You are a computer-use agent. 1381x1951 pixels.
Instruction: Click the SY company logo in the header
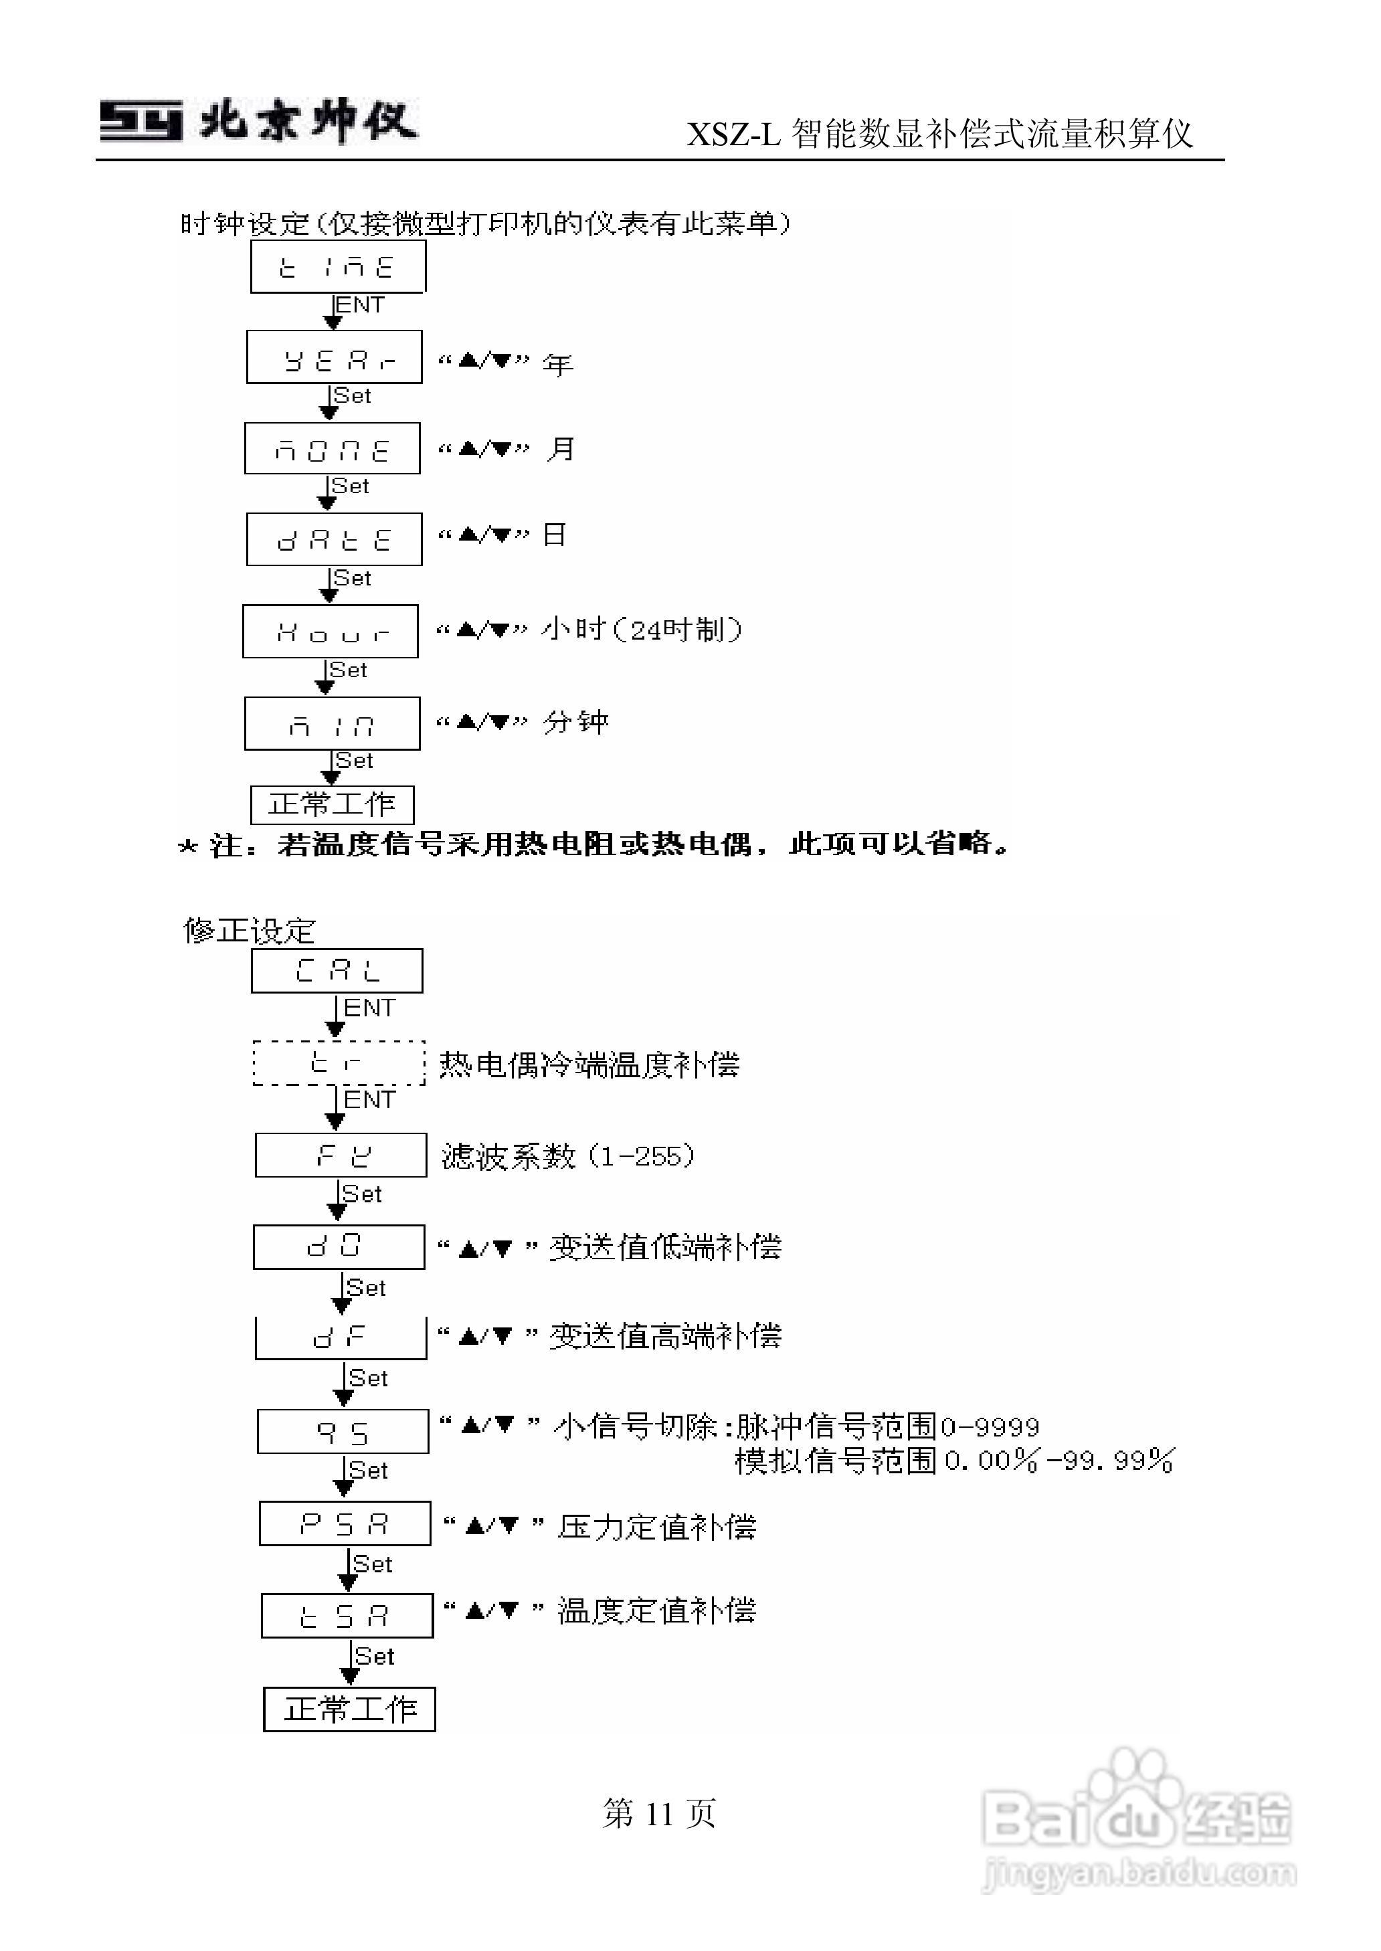pyautogui.click(x=141, y=120)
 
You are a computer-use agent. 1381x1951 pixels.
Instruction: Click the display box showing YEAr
pyautogui.click(x=334, y=358)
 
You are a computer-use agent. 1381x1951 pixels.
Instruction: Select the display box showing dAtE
pyautogui.click(x=334, y=540)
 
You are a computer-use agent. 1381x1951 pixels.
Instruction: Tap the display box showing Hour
pyautogui.click(x=331, y=632)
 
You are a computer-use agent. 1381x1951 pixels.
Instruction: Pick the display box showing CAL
pyautogui.click(x=337, y=971)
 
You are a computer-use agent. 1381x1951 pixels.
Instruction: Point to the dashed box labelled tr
pyautogui.click(x=339, y=1062)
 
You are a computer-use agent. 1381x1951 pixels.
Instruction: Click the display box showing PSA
pyautogui.click(x=345, y=1523)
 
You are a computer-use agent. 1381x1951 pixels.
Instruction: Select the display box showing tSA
pyautogui.click(x=347, y=1615)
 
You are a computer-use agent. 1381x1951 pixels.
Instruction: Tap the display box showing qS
pyautogui.click(x=343, y=1432)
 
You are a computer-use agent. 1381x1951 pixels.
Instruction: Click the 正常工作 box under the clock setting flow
pyautogui.click(x=333, y=804)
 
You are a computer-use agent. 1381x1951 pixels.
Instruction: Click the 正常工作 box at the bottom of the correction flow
pyautogui.click(x=349, y=1709)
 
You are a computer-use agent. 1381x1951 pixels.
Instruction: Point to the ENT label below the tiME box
pyautogui.click(x=361, y=305)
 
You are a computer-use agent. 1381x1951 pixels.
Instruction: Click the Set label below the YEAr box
pyautogui.click(x=353, y=396)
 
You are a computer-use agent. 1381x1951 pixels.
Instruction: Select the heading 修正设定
pyautogui.click(x=249, y=931)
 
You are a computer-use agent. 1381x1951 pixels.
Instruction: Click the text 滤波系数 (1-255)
pyautogui.click(x=568, y=1156)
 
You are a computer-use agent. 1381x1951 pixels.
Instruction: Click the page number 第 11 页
pyautogui.click(x=659, y=1813)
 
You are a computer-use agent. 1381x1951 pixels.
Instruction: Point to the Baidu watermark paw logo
pyautogui.click(x=1135, y=1794)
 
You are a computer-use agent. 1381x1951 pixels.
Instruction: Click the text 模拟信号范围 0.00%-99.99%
pyautogui.click(x=954, y=1461)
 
